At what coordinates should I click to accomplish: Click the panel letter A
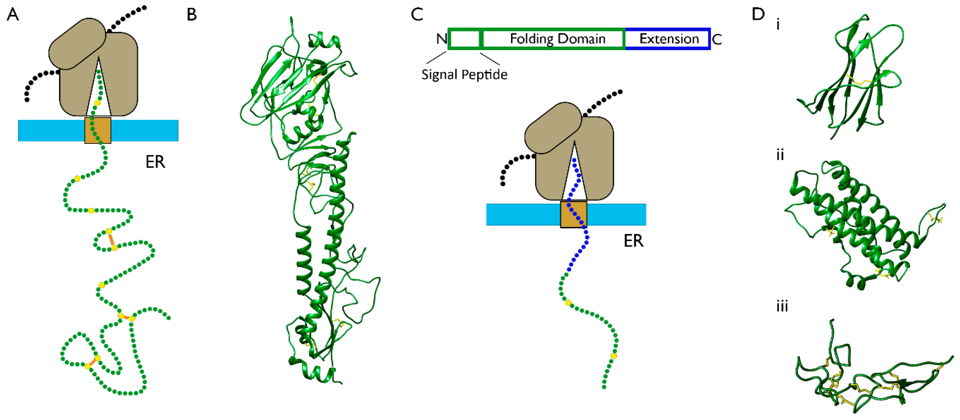coord(13,15)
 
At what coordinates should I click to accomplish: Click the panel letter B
coord(192,15)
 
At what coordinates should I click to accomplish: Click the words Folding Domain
coord(557,39)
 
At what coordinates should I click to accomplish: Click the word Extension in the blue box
coord(669,39)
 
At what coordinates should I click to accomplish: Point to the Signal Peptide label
coord(464,74)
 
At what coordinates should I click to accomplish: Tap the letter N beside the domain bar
coord(442,39)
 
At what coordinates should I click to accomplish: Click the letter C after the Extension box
coord(717,39)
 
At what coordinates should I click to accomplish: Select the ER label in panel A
coord(155,162)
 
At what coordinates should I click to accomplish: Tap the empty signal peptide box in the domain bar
coord(464,39)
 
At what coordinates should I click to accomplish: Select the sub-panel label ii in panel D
coord(780,155)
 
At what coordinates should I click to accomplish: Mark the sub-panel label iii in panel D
coord(782,306)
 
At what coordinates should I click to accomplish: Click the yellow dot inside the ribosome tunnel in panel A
coord(97,103)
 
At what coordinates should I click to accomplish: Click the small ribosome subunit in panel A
coord(77,44)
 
